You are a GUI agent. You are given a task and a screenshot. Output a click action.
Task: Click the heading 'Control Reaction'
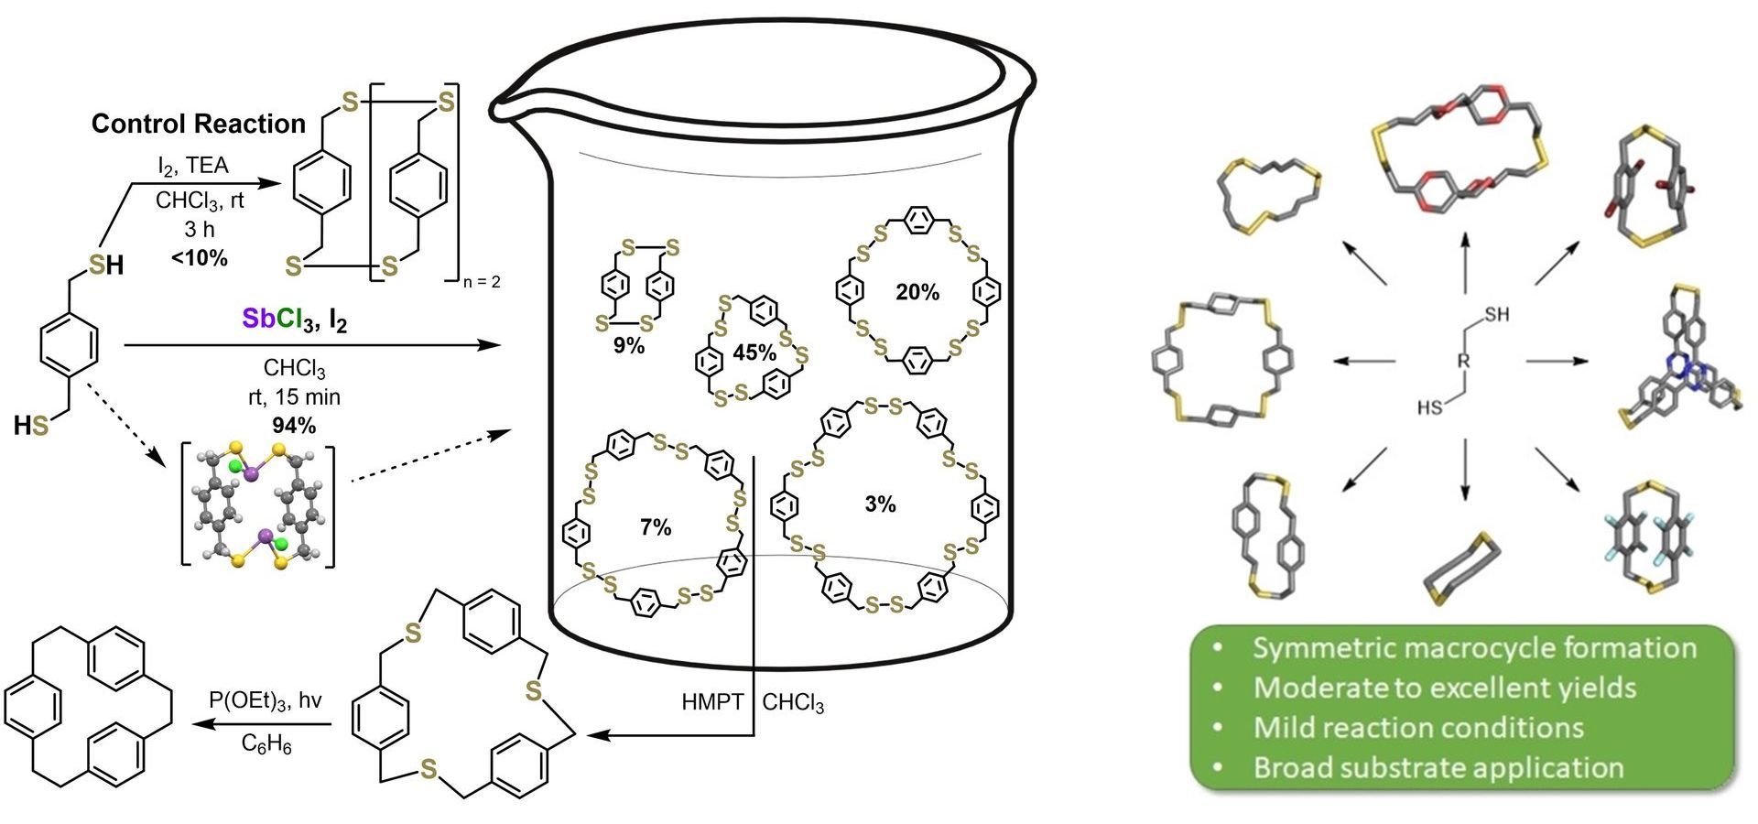(199, 124)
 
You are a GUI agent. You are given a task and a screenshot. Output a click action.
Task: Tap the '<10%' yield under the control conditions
(200, 258)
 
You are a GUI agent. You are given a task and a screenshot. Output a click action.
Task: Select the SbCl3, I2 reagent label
(295, 320)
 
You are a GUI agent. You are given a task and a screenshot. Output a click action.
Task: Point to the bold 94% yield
(295, 425)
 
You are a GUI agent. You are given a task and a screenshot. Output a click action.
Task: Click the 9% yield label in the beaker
(630, 346)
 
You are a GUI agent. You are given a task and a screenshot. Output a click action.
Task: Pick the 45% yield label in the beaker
(755, 352)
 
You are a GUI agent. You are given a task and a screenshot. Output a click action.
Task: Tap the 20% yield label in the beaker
(917, 292)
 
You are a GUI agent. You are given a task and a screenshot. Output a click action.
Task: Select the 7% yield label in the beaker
(656, 527)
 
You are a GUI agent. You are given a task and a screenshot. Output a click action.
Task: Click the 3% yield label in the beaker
(880, 504)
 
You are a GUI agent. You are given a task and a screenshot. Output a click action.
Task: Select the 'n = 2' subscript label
(482, 282)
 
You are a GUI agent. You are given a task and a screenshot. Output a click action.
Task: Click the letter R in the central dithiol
(1462, 361)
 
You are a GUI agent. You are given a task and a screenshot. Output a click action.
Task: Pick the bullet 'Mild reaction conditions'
(1418, 728)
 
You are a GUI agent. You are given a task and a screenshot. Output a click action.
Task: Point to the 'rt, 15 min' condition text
(295, 397)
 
